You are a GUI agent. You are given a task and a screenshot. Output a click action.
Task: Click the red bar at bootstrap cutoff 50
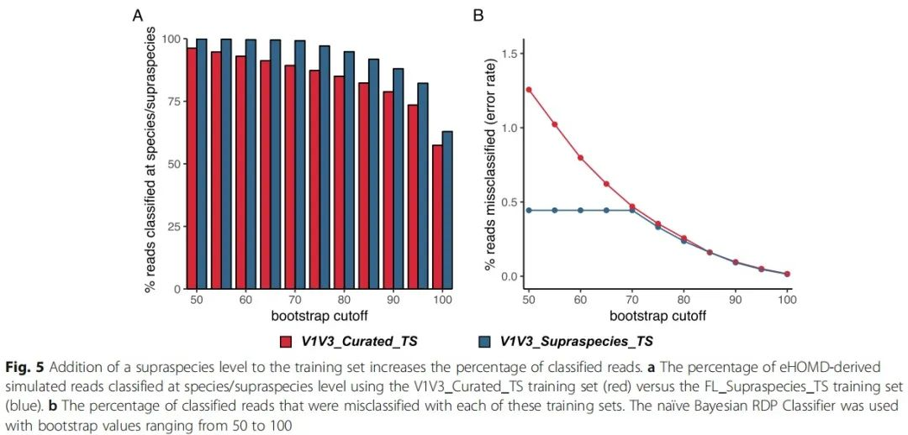[191, 168]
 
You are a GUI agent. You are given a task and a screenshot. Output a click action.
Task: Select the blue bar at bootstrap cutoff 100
[447, 210]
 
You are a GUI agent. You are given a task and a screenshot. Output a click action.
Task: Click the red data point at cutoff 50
[529, 89]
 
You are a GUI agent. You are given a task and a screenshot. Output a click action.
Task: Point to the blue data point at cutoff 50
[529, 210]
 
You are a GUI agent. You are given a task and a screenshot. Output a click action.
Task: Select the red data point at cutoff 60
[580, 157]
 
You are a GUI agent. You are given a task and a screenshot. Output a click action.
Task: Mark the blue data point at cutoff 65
[606, 210]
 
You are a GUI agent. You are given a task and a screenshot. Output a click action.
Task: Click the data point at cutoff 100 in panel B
[787, 274]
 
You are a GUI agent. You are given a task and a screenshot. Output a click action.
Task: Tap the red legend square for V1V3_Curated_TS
[285, 342]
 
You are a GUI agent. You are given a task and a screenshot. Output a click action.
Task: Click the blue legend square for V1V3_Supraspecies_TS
[483, 342]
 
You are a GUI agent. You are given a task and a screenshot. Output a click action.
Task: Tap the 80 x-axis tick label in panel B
[684, 300]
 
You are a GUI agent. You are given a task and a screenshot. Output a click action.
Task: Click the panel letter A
[137, 15]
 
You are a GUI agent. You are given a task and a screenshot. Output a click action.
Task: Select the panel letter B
[478, 15]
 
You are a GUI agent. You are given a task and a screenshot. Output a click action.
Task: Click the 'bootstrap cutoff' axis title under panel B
[657, 316]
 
